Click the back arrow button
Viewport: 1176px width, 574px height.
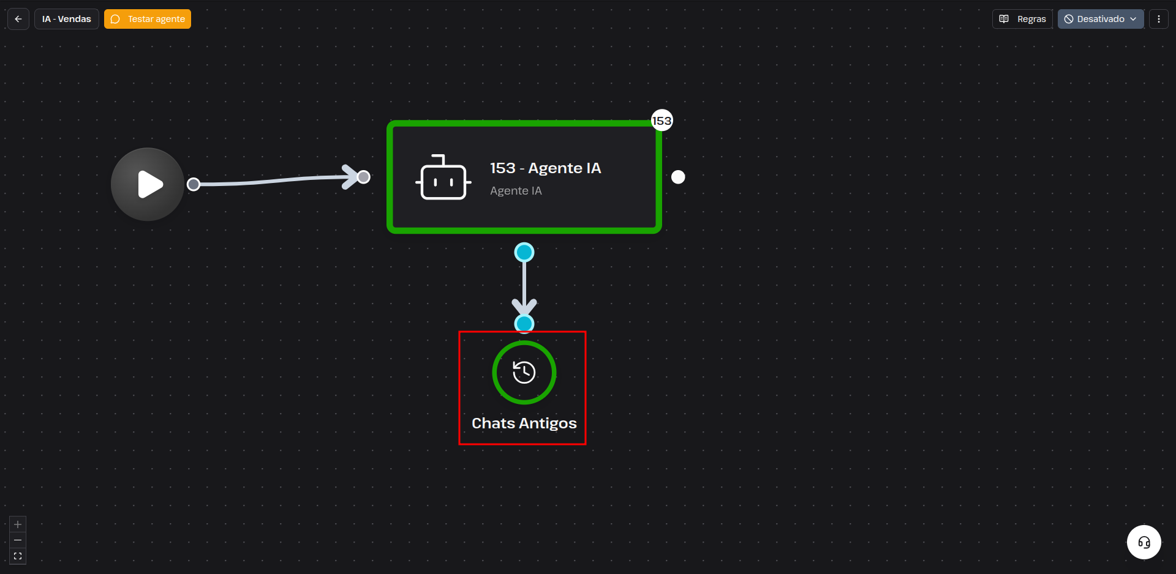click(x=18, y=19)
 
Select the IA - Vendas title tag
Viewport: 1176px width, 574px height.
click(x=67, y=19)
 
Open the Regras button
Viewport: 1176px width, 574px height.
click(x=1022, y=19)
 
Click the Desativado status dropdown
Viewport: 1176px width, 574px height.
click(x=1101, y=19)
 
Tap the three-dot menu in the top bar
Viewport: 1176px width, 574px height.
click(x=1159, y=19)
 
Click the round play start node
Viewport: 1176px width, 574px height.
click(x=148, y=184)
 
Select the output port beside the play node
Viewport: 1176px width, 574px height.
click(x=194, y=184)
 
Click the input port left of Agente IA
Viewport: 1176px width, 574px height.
click(x=364, y=177)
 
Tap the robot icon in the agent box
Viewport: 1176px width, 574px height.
click(x=443, y=177)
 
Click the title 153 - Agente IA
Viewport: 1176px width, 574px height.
click(x=545, y=168)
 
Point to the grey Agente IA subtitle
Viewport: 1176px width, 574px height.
click(x=516, y=191)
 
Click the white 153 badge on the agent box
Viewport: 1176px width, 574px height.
click(x=661, y=121)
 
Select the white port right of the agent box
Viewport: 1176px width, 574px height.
click(x=678, y=177)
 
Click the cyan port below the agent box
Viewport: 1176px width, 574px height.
click(x=524, y=252)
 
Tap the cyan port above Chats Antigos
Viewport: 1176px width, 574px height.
click(x=524, y=323)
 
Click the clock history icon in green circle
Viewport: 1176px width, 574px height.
click(x=524, y=372)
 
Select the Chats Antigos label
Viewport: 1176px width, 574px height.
click(x=524, y=423)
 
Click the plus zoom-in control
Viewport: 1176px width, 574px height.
click(x=18, y=524)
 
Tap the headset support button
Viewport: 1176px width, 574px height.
click(x=1144, y=542)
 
